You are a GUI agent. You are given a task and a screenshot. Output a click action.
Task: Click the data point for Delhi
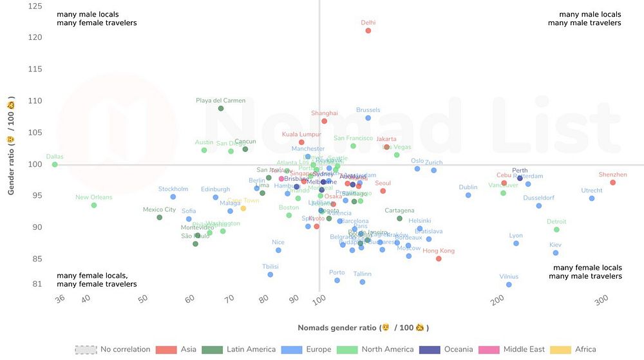click(368, 30)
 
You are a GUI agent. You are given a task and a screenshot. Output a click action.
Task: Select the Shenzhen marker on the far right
click(612, 183)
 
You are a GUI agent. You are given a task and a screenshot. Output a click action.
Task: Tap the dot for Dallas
click(55, 164)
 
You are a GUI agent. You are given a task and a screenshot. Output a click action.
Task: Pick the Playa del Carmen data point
click(221, 108)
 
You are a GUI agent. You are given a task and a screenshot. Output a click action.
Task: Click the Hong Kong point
click(439, 259)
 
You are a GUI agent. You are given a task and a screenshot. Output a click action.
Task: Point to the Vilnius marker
click(509, 285)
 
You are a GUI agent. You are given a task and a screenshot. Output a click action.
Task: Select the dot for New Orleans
click(94, 205)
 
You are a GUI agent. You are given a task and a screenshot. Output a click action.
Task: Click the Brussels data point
click(368, 118)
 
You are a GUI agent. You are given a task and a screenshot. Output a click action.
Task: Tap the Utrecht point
click(592, 198)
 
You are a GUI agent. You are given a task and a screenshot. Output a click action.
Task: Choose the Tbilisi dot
click(270, 274)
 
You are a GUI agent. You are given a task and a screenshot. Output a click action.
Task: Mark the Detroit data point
click(556, 230)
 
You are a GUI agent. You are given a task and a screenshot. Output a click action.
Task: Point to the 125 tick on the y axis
click(36, 6)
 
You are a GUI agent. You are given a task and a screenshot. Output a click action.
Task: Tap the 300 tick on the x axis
click(601, 301)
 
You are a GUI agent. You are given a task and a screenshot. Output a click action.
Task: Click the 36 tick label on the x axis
click(60, 299)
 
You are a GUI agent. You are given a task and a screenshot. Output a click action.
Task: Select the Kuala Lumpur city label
click(301, 135)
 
